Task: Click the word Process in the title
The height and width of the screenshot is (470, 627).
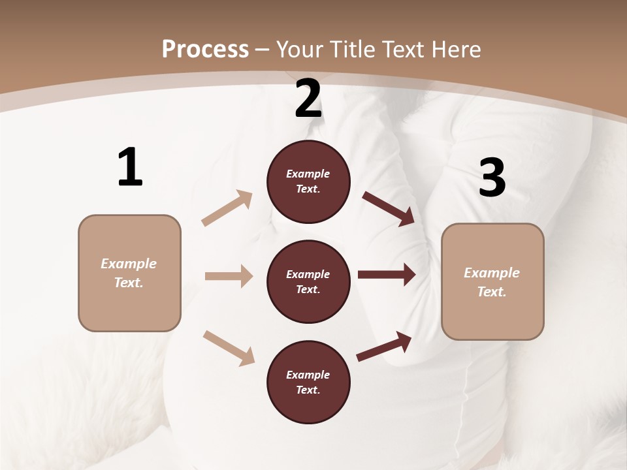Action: click(x=205, y=49)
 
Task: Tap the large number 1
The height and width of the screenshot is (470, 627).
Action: click(x=130, y=167)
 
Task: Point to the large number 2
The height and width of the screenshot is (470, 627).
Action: click(x=308, y=99)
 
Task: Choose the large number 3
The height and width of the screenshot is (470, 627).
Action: click(x=492, y=178)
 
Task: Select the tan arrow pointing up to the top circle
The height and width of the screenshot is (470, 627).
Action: click(x=227, y=208)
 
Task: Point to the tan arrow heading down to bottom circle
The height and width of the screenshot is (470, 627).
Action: click(x=229, y=347)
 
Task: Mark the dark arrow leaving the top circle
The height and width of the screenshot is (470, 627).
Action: click(x=389, y=209)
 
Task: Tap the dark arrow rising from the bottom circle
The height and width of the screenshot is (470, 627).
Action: click(x=384, y=346)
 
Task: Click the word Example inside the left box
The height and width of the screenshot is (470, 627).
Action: click(x=129, y=264)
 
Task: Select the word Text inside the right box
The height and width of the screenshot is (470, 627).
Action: click(x=492, y=292)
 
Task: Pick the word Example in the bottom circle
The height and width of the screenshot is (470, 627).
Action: click(x=308, y=375)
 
